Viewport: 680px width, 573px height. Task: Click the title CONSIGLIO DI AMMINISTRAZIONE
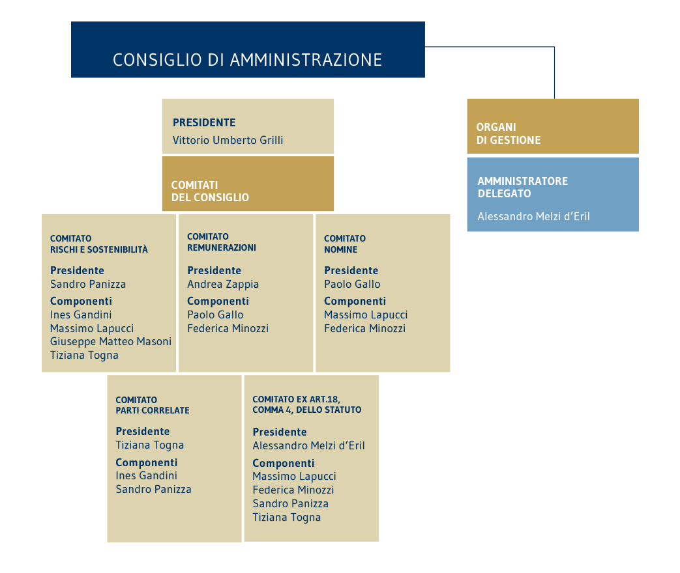(x=247, y=60)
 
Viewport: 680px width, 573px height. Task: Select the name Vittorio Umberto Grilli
(x=228, y=140)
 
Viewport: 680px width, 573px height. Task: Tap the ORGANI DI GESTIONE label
(x=508, y=133)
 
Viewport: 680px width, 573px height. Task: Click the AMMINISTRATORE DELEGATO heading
(x=522, y=187)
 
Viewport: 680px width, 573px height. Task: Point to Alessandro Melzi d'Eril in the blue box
(x=533, y=216)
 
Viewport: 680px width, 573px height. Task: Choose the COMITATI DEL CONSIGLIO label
(x=210, y=191)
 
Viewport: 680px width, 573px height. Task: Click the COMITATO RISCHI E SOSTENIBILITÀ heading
(x=99, y=244)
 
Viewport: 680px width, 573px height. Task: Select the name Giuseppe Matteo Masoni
(x=110, y=341)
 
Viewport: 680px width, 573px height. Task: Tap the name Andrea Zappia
(x=223, y=284)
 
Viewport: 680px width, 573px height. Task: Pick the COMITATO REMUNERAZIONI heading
(x=221, y=242)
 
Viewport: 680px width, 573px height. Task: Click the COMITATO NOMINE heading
(x=344, y=244)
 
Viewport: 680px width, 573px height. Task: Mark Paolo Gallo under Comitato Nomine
(x=352, y=284)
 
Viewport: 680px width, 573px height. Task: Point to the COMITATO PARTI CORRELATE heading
(x=153, y=405)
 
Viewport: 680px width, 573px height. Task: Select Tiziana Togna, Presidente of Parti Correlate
(x=150, y=445)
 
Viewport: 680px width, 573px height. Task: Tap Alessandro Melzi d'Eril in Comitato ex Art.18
(x=308, y=446)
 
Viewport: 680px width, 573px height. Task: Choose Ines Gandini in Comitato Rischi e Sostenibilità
(x=81, y=314)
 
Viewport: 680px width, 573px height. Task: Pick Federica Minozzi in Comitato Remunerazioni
(x=228, y=328)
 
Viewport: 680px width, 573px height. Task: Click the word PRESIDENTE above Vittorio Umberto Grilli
(x=204, y=122)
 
